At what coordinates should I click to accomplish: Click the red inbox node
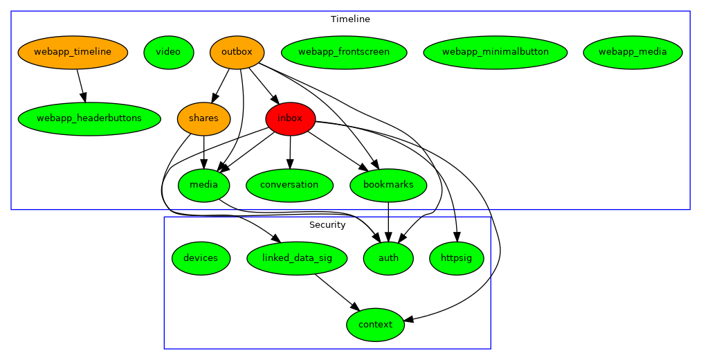290,118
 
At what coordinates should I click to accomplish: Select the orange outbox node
237,52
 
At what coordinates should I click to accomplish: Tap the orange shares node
203,118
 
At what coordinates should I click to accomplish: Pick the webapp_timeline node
73,52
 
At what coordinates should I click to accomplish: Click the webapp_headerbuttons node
89,118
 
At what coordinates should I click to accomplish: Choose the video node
168,52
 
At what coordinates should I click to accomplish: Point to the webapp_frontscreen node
344,52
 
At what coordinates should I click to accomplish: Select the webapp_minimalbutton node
495,52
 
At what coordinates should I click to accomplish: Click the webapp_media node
633,52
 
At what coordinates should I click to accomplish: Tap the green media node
203,185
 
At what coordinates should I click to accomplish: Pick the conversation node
290,185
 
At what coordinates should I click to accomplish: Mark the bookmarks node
388,185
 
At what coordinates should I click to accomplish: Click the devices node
201,258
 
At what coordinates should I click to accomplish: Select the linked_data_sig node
297,258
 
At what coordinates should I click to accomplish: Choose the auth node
388,258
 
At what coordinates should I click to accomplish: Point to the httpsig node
457,258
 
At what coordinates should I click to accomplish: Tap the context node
375,325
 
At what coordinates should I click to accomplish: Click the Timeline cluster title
350,19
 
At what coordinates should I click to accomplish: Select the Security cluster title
327,225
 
